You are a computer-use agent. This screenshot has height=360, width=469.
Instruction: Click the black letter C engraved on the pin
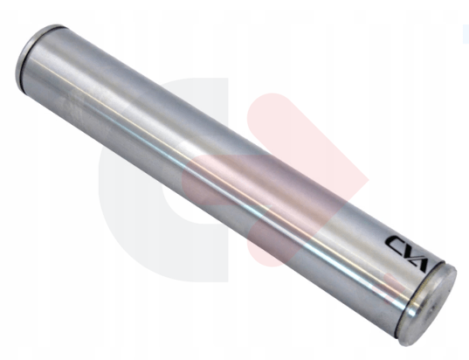pos(397,242)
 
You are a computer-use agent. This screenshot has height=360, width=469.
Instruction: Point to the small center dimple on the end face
pos(431,309)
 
